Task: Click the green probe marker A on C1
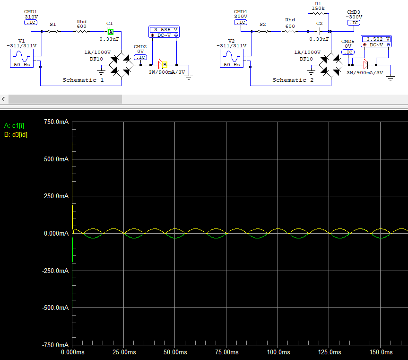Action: (x=111, y=32)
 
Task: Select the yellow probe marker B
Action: (x=165, y=64)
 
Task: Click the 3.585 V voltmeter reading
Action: (x=164, y=30)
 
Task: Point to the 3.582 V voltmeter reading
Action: (x=376, y=39)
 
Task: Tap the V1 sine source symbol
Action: (x=22, y=58)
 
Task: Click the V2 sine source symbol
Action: (x=232, y=58)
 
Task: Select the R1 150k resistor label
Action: (x=318, y=6)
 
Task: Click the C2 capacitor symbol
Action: (x=318, y=32)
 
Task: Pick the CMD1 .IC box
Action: (x=31, y=22)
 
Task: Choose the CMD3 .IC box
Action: (x=354, y=23)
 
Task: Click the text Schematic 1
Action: (x=83, y=80)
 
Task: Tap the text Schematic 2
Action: (x=293, y=80)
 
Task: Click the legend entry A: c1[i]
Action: (x=14, y=126)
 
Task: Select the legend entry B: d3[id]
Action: (x=16, y=134)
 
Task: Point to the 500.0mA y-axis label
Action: (x=56, y=159)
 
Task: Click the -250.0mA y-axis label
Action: (x=55, y=271)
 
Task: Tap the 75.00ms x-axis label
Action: (x=226, y=352)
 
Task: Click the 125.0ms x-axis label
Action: (x=330, y=352)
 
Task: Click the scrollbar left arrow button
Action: (x=3, y=99)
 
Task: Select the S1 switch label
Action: (x=53, y=25)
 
